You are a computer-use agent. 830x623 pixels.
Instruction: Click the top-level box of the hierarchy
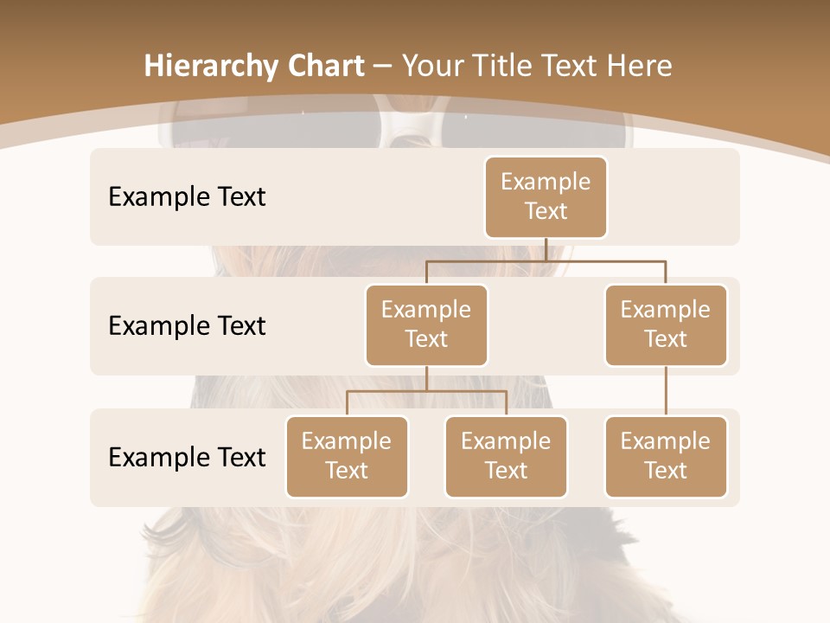click(546, 196)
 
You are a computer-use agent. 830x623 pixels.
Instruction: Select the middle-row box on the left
click(426, 324)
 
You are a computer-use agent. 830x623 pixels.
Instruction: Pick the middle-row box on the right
click(666, 324)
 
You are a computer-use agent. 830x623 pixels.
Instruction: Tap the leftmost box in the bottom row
click(347, 456)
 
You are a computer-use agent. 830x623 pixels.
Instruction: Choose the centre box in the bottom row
click(506, 456)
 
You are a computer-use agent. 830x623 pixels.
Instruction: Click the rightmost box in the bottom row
click(666, 456)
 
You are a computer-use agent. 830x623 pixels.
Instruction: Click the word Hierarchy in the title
click(210, 67)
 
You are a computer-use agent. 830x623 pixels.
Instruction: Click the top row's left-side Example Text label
click(187, 196)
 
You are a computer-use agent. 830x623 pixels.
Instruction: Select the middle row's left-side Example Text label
click(187, 325)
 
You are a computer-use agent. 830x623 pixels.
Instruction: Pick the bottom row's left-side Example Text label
click(187, 457)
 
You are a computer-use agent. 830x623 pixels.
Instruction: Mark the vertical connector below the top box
click(546, 249)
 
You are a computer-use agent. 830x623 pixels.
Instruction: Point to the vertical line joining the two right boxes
click(666, 391)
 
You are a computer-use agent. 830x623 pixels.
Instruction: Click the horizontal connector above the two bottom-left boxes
click(426, 391)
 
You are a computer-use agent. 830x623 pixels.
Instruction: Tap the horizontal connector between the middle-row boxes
click(546, 260)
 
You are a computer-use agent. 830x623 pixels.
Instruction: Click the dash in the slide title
click(383, 66)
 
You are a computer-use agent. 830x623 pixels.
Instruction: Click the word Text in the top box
click(546, 211)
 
